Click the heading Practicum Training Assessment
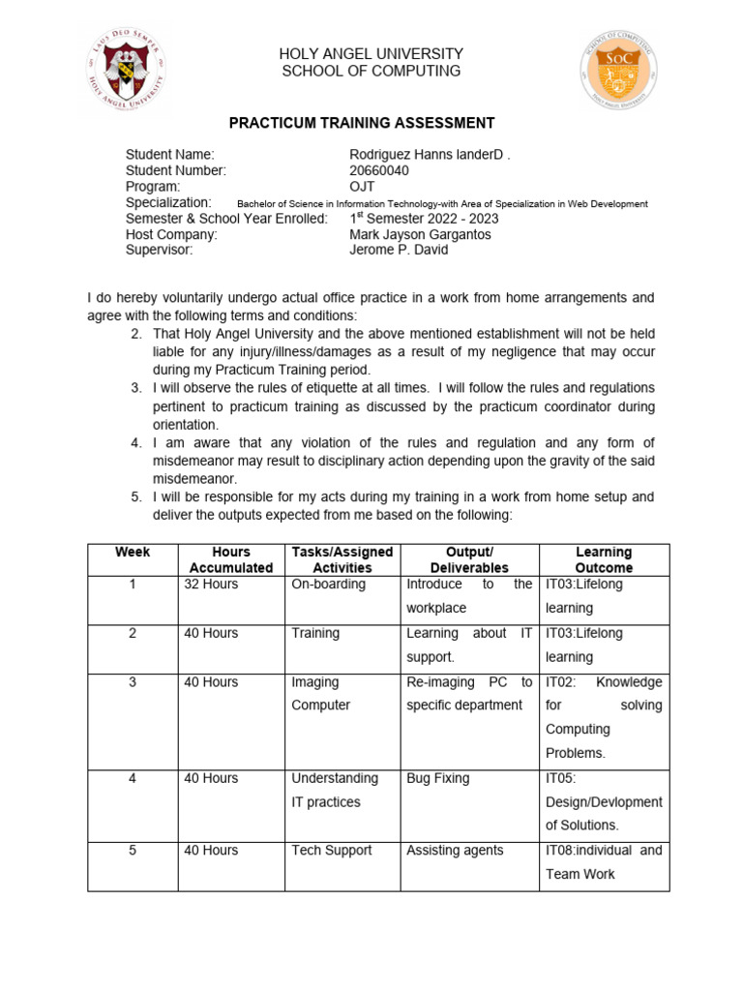pos(361,123)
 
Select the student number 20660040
pos(379,170)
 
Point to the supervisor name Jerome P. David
pos(399,250)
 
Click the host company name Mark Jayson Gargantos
pos(420,234)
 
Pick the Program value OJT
pos(362,186)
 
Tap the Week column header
pos(133,552)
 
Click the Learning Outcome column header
pos(604,559)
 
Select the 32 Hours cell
pos(211,585)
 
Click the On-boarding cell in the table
pos(328,585)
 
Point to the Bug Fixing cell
pos(437,778)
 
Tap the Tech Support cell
pos(331,851)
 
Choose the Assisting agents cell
pos(455,851)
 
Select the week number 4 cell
pos(133,778)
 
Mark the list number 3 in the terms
pos(136,388)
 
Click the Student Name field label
pos(170,155)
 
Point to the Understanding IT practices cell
pos(335,790)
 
